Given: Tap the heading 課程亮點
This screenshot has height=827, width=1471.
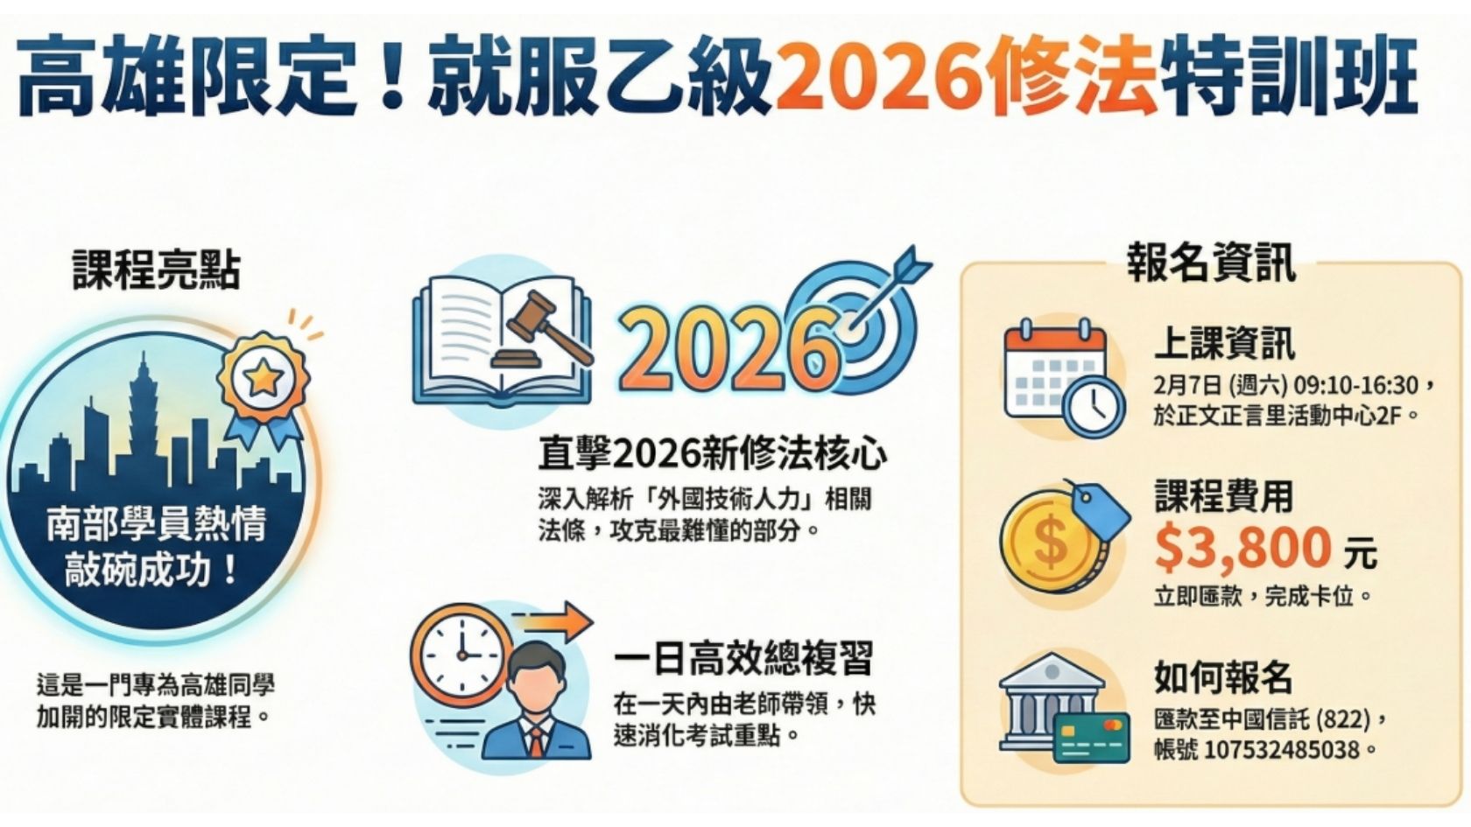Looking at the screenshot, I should pyautogui.click(x=155, y=270).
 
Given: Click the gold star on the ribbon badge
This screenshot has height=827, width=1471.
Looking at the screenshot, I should pyautogui.click(x=263, y=378).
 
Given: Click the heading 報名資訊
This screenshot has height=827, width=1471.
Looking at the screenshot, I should pyautogui.click(x=1210, y=263).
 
